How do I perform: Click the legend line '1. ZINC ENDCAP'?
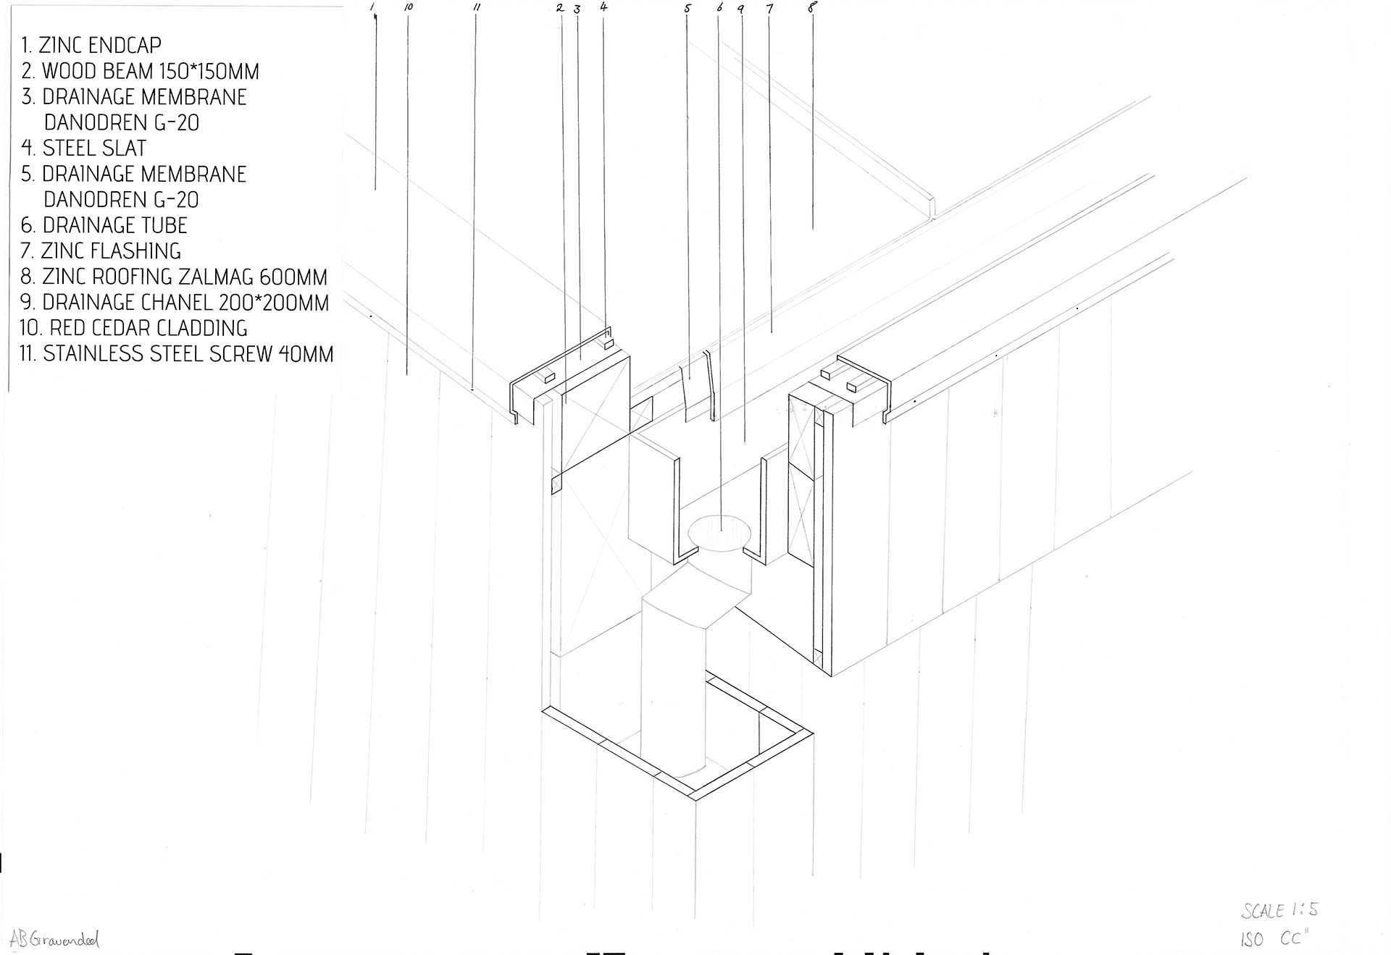(x=91, y=46)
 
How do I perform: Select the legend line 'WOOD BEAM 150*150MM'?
(x=140, y=71)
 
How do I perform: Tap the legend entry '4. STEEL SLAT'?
(x=84, y=148)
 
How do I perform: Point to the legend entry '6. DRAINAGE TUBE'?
(x=104, y=225)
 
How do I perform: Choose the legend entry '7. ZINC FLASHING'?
(x=101, y=251)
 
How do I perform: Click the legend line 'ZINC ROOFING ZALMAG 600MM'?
(x=174, y=277)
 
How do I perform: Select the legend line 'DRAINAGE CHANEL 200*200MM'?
(x=175, y=303)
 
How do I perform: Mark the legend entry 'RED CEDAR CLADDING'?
(x=134, y=328)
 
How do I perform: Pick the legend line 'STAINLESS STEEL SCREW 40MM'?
(x=177, y=354)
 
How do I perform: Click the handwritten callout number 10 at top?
(x=408, y=7)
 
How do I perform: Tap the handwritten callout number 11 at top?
(x=476, y=7)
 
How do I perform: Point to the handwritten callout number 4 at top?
(x=603, y=7)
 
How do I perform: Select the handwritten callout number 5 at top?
(x=687, y=9)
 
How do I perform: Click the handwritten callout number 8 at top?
(x=811, y=7)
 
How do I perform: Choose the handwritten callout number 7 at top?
(x=769, y=9)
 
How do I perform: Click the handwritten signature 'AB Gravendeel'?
(x=55, y=939)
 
